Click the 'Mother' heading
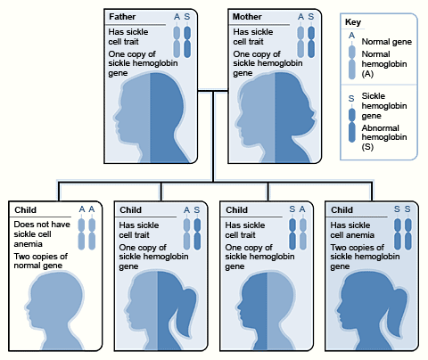(x=247, y=17)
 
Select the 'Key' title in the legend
(x=355, y=21)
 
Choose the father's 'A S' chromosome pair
(x=182, y=41)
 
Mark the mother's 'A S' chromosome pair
(x=306, y=41)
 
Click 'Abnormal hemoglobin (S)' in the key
(x=383, y=137)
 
